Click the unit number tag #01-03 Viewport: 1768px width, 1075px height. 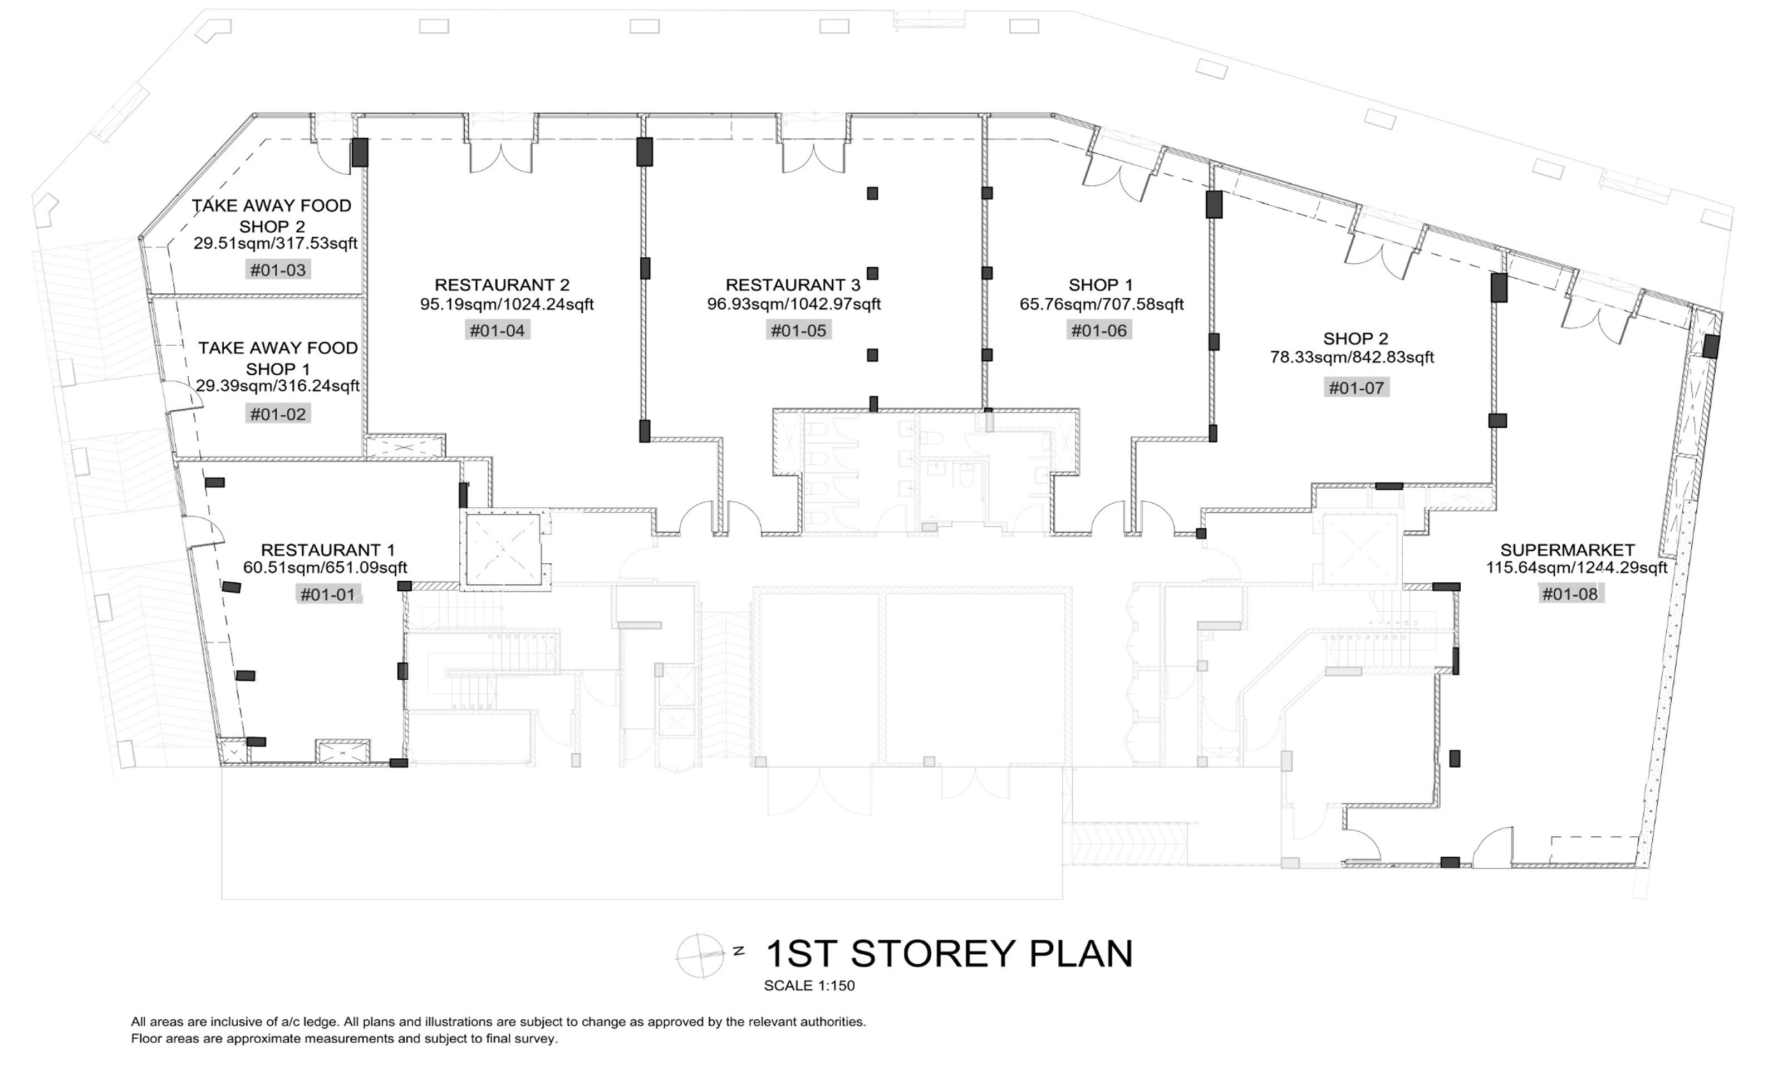278,271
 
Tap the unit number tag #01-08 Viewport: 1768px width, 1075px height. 1570,593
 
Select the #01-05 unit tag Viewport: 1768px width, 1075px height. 798,331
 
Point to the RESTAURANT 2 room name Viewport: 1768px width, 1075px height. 502,285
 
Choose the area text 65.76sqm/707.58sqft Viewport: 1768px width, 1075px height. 1102,305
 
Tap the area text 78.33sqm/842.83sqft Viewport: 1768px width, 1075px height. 1352,357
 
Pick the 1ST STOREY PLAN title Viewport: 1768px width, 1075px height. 949,954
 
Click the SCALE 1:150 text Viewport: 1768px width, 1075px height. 809,985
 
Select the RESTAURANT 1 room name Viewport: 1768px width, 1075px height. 327,549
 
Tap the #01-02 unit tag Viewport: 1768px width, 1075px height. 278,414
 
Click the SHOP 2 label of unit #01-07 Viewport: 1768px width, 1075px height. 1356,338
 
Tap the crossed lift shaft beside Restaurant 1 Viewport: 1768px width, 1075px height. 503,549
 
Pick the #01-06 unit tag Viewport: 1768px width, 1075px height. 1098,331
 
